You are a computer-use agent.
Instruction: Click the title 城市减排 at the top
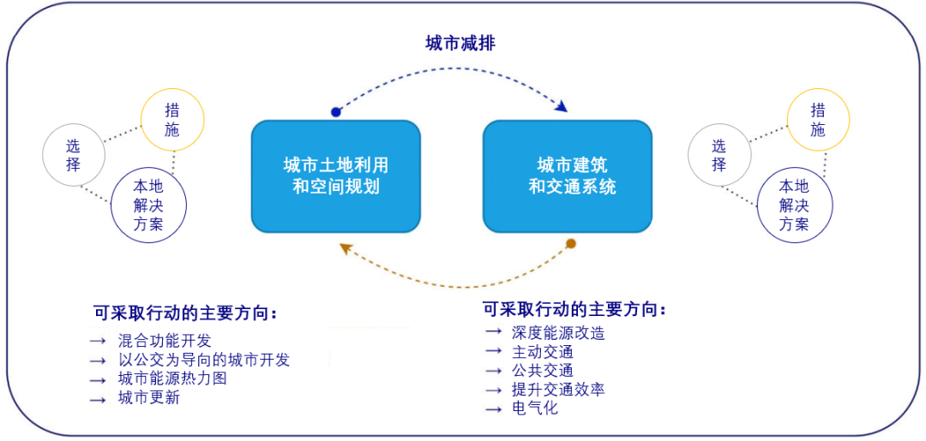(x=460, y=44)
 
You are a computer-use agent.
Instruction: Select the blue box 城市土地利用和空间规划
(x=336, y=176)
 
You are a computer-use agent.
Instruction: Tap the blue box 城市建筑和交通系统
(x=568, y=176)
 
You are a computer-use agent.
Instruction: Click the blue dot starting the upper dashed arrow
(x=336, y=112)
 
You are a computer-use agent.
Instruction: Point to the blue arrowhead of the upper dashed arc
(x=562, y=107)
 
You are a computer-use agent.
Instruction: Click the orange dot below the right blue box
(x=571, y=244)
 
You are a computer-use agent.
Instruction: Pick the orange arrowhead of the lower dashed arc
(x=346, y=248)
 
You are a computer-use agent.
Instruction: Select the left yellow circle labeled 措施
(x=172, y=120)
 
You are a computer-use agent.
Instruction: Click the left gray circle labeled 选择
(x=74, y=155)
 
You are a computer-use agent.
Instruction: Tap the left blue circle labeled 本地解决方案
(x=148, y=205)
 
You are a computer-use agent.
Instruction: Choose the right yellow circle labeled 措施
(x=818, y=120)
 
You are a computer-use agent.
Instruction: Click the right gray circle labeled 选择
(x=719, y=155)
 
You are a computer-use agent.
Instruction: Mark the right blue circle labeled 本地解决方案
(x=794, y=205)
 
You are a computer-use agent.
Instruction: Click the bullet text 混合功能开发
(x=165, y=341)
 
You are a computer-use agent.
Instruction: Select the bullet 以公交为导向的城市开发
(x=204, y=360)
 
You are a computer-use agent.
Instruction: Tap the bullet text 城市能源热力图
(x=172, y=378)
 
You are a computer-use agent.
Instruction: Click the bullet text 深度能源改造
(x=558, y=333)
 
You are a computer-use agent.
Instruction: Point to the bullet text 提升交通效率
(x=558, y=390)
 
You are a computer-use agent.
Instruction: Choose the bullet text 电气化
(x=535, y=408)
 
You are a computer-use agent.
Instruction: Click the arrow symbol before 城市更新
(x=98, y=398)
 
